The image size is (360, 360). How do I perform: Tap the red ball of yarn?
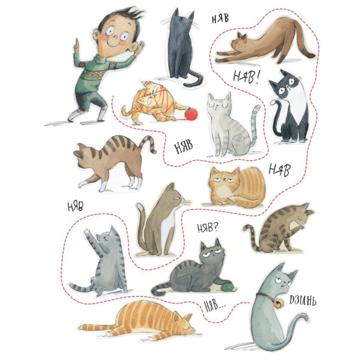(x=191, y=114)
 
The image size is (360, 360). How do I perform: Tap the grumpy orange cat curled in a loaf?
(x=236, y=186)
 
